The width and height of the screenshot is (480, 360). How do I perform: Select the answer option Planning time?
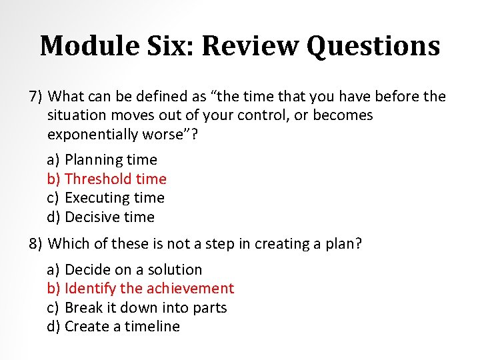click(111, 160)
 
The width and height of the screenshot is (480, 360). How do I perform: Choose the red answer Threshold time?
click(115, 179)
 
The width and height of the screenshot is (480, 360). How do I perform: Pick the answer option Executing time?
click(114, 198)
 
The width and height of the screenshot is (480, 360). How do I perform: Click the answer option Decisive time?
click(109, 217)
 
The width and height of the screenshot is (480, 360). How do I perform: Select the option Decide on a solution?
click(133, 270)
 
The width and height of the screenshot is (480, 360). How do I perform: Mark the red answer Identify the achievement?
click(149, 289)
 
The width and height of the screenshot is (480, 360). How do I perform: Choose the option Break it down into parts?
click(145, 308)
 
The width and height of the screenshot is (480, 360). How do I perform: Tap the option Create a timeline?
click(122, 327)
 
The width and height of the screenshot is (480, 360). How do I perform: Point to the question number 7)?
click(36, 97)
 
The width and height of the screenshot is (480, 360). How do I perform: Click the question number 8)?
click(36, 244)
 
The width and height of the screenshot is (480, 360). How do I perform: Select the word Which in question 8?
click(69, 244)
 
